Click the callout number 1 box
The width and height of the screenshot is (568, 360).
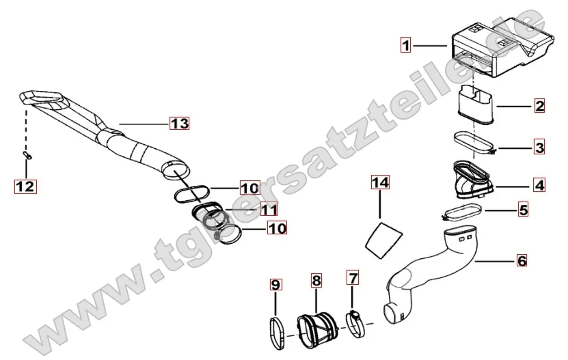[x=406, y=45]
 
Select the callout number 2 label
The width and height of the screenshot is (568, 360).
[x=539, y=106]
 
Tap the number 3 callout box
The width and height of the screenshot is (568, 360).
[x=539, y=148]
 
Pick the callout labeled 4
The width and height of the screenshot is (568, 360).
[x=539, y=185]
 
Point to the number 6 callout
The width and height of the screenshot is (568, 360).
[x=522, y=260]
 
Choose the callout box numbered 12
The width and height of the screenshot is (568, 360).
[x=26, y=186]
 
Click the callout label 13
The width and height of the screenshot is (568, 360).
[x=180, y=123]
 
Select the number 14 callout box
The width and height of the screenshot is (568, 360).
[x=380, y=182]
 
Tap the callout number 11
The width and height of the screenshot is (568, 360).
[x=269, y=209]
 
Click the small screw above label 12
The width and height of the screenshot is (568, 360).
[x=27, y=155]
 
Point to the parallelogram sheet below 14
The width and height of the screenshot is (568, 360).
[x=383, y=241]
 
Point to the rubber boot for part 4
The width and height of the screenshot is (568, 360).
[x=472, y=180]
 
